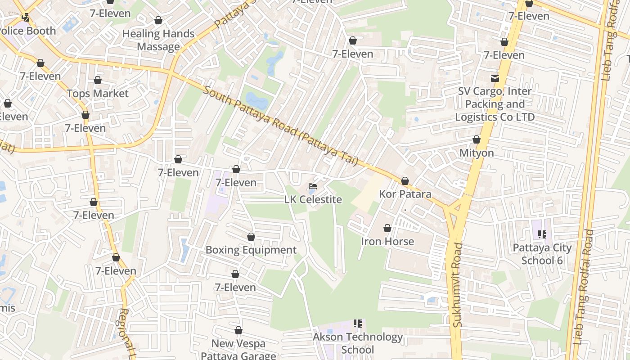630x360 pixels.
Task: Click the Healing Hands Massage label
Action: coord(158,40)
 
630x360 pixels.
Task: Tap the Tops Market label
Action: coord(98,94)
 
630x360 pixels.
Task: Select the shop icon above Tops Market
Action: coord(98,80)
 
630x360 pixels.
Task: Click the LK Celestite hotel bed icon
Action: coord(313,186)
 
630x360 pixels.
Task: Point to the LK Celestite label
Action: coord(313,199)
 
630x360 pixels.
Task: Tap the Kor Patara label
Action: coord(405,194)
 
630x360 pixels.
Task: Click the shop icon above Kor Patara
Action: coord(405,181)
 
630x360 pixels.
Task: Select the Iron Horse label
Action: coord(387,242)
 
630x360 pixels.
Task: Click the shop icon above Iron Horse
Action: coord(387,228)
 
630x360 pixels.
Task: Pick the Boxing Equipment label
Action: coord(251,250)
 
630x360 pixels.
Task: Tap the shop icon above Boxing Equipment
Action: coord(251,237)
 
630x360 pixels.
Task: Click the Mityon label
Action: coord(477,153)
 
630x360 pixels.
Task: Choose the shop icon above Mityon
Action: coord(477,139)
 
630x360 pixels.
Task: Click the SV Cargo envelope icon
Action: coord(495,78)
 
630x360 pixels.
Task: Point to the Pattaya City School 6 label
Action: coord(542,254)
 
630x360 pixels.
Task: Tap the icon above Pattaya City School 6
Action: coord(542,234)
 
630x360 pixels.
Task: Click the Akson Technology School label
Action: coord(358,343)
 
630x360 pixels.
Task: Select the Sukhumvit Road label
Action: coord(458,284)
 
